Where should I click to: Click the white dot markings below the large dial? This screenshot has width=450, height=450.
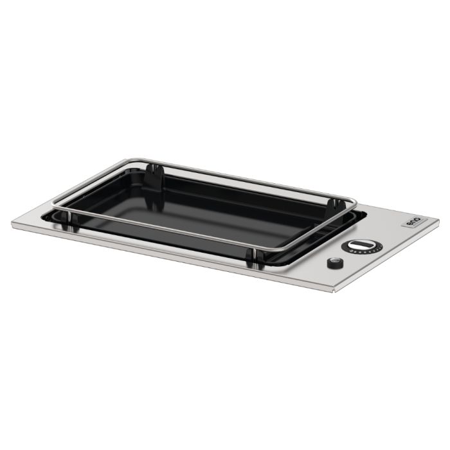pyautogui.click(x=360, y=254)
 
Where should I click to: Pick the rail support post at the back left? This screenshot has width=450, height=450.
pyautogui.click(x=152, y=172)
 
